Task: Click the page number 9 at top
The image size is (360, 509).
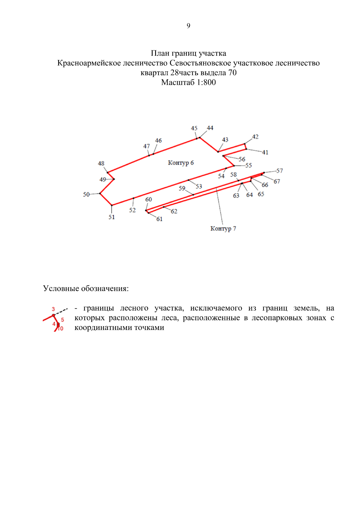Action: [x=188, y=26]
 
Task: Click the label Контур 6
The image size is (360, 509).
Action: [x=181, y=163]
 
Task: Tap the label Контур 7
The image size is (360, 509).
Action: [x=223, y=229]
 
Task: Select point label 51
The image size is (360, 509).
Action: [x=112, y=217]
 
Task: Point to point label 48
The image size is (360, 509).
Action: [x=101, y=163]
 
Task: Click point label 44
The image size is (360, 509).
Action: [x=210, y=128]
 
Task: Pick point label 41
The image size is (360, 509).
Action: [x=265, y=152]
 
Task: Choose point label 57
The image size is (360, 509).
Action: [x=280, y=171]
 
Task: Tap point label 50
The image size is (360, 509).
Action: [x=86, y=194]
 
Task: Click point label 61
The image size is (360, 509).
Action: [x=159, y=219]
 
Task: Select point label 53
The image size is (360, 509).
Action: [x=199, y=186]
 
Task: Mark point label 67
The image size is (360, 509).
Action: [x=277, y=181]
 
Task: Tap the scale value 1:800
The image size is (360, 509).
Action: [x=206, y=82]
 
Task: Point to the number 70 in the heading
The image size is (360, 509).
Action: [x=232, y=73]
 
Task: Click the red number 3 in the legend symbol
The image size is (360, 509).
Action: [x=53, y=309]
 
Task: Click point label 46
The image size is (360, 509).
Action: [x=158, y=140]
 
